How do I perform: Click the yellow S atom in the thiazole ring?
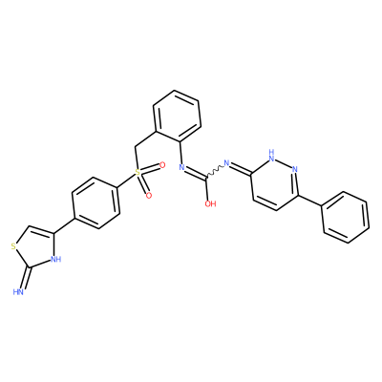[x=13, y=246]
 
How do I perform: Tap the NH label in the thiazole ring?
[x=56, y=259]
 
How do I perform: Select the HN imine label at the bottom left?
[x=18, y=291]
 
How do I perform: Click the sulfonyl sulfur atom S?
[x=138, y=172]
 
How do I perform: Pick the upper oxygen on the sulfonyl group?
[x=162, y=165]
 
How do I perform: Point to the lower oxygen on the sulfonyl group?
[x=148, y=195]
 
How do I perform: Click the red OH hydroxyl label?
[x=210, y=203]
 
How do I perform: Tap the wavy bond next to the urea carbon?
[x=215, y=170]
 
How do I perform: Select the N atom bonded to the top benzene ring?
[x=182, y=166]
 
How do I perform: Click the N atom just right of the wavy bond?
[x=227, y=163]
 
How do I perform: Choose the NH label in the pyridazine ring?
[x=271, y=154]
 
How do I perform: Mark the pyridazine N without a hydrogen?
[x=294, y=169]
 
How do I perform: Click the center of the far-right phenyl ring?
[x=345, y=217]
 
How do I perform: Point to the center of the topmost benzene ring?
[x=177, y=116]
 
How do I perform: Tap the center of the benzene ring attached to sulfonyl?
[x=96, y=202]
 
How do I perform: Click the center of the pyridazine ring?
[x=274, y=183]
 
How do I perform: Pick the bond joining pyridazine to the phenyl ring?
[x=309, y=201]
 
